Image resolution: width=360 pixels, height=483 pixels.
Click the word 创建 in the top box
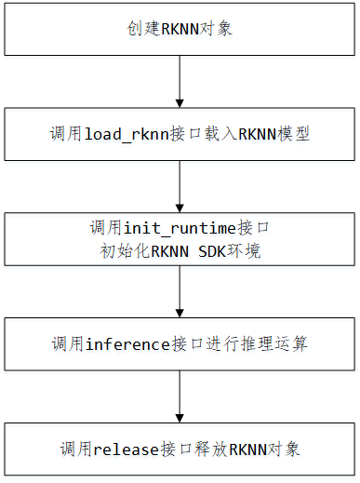coord(141,29)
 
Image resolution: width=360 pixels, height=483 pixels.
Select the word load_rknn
coord(123,134)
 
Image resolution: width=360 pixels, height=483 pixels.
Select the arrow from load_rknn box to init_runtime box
coord(180,186)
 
